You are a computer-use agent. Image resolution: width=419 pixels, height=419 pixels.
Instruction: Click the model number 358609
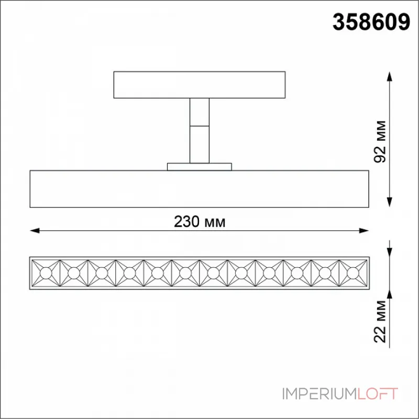[x=371, y=22]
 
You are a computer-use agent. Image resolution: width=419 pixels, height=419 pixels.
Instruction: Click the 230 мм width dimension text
[x=200, y=222]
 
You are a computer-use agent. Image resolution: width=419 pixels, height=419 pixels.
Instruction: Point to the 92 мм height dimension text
[x=380, y=141]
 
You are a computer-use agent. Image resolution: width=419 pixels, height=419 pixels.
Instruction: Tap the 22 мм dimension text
[x=380, y=322]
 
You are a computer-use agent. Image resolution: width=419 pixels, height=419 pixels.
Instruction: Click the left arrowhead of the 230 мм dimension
[x=35, y=230]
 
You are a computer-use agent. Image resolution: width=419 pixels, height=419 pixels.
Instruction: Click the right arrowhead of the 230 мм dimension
[x=364, y=230]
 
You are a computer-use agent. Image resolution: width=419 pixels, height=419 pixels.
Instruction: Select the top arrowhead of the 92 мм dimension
[x=390, y=76]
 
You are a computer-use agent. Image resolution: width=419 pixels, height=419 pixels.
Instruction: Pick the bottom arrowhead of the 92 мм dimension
[x=390, y=202]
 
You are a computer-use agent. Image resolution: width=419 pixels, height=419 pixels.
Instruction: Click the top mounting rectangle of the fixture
[x=200, y=85]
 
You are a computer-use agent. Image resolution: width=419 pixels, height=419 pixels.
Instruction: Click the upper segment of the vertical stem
[x=200, y=112]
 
